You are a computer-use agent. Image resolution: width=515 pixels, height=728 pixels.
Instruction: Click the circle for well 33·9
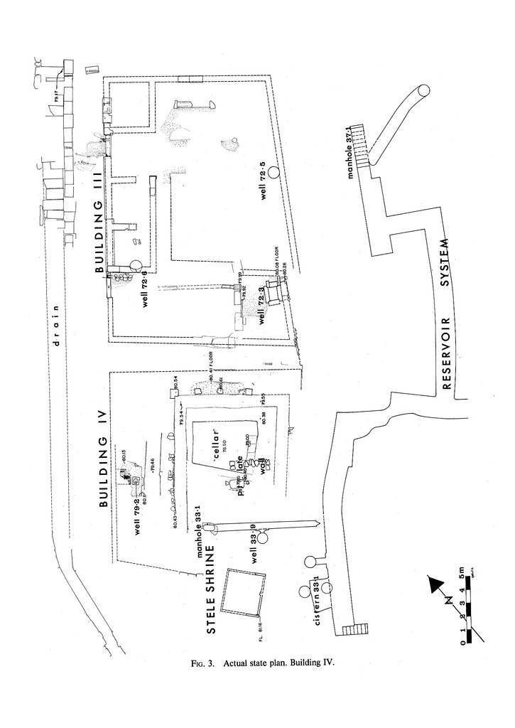[263, 537]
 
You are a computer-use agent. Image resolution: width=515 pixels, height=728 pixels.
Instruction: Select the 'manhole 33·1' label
[200, 530]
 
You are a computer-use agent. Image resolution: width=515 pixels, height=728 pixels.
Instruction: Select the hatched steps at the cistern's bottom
[356, 630]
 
